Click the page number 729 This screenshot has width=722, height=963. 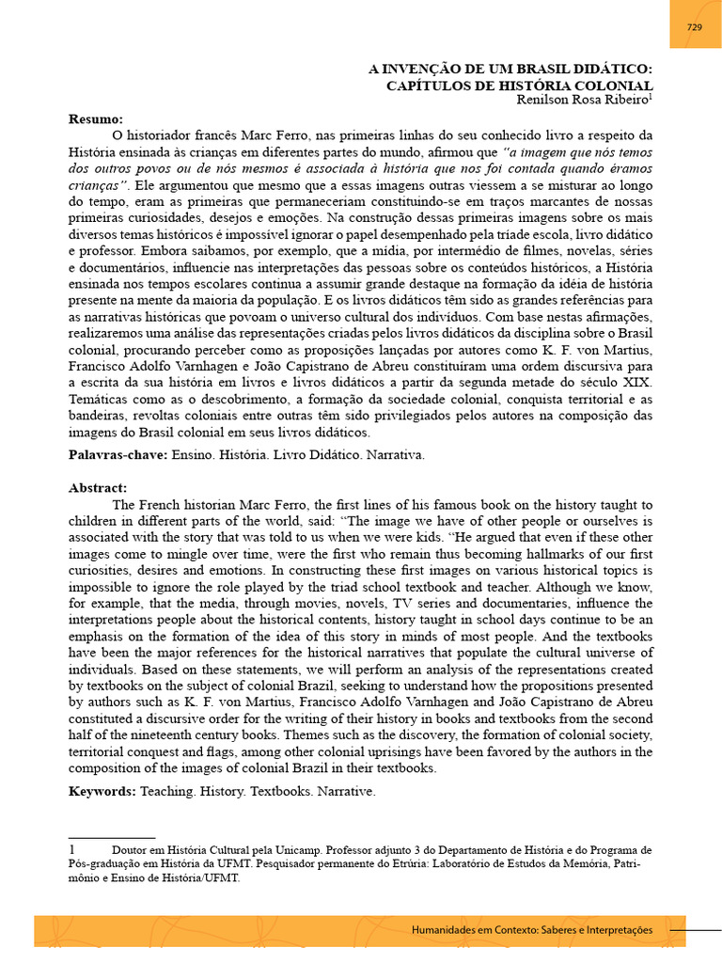tap(695, 27)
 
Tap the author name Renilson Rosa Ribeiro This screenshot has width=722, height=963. tap(581, 100)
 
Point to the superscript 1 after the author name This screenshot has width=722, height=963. tap(650, 96)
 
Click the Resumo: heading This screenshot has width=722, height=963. tap(96, 119)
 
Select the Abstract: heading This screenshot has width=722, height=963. tap(98, 488)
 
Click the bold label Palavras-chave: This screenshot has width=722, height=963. tap(118, 454)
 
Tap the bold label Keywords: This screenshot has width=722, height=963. tap(102, 791)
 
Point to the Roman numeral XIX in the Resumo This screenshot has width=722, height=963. tap(636, 383)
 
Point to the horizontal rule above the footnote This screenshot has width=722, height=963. tap(112, 837)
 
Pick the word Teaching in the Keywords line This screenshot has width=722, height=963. tap(167, 791)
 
